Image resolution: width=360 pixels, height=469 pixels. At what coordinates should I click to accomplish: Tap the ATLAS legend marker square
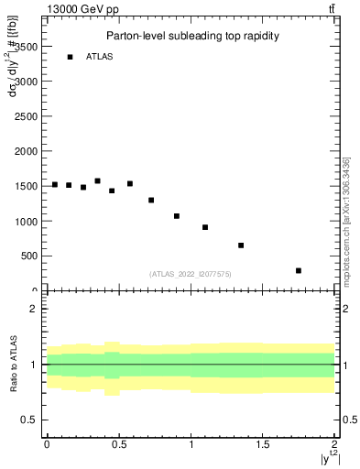tap(70, 57)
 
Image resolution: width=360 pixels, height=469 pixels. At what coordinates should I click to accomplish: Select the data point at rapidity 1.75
tap(299, 270)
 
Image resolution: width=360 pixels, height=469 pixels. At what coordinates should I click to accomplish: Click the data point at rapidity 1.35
tap(241, 245)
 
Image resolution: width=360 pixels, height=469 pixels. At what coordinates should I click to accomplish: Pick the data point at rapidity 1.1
tap(205, 227)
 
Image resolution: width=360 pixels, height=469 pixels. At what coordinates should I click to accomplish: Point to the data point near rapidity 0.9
tap(177, 216)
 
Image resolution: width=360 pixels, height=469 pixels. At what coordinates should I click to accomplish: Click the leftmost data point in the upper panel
tap(55, 184)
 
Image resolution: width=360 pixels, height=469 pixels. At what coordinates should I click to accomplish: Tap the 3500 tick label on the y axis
tap(26, 46)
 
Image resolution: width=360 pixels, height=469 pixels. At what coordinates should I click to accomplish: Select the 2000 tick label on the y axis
tap(26, 151)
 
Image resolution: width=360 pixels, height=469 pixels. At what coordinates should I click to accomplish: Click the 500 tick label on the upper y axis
tap(28, 256)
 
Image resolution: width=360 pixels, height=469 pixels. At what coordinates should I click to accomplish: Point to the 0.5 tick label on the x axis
tap(118, 444)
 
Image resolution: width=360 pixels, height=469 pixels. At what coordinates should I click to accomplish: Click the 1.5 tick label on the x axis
tap(262, 444)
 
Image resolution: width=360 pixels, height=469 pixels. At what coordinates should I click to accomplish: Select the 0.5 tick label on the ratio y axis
tap(29, 420)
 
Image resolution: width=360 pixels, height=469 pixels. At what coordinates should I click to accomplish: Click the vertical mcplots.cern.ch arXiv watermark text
tap(349, 220)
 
